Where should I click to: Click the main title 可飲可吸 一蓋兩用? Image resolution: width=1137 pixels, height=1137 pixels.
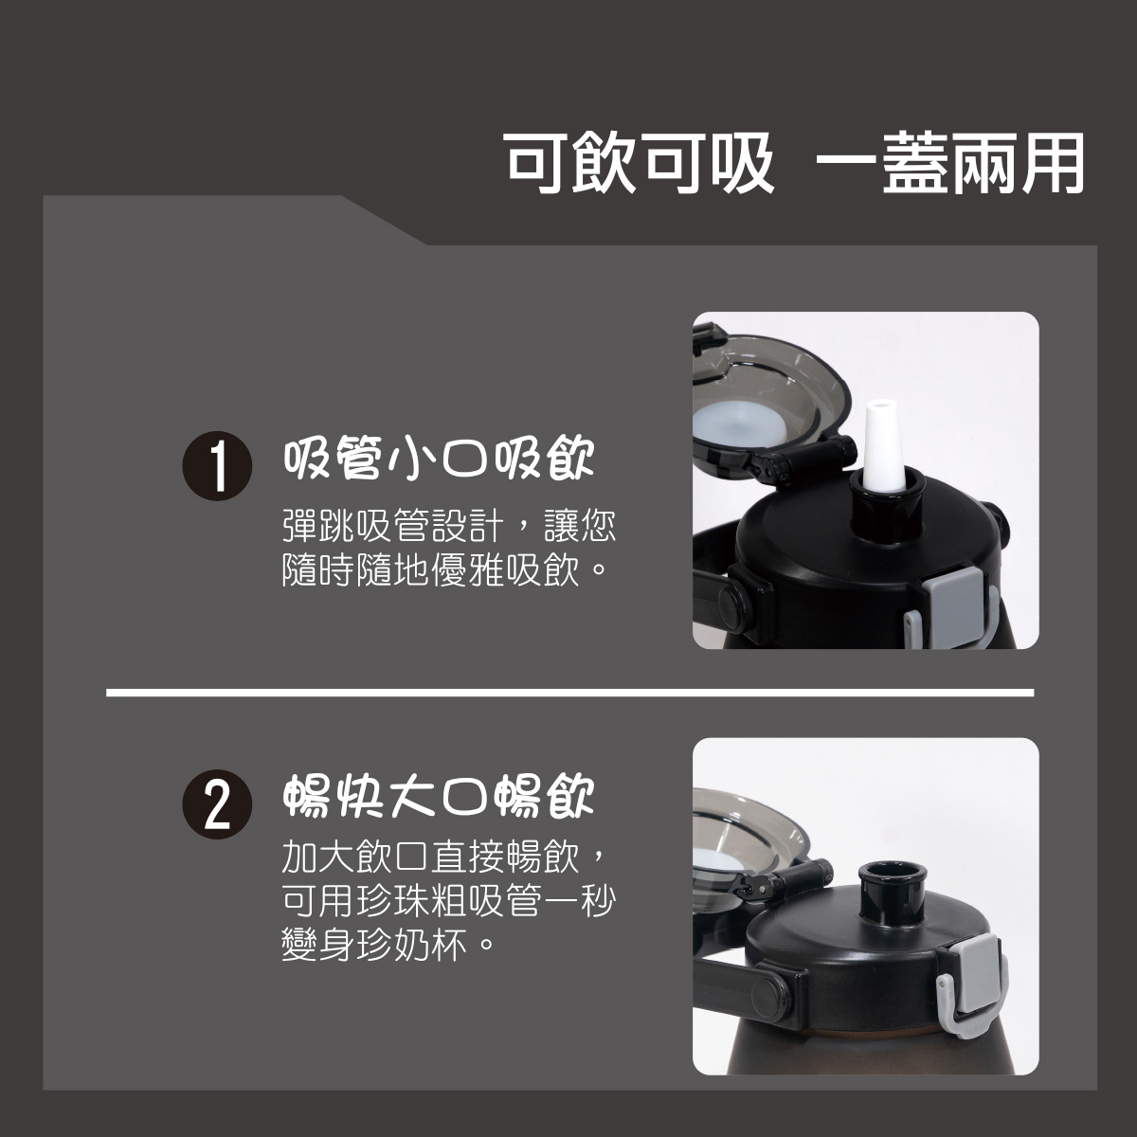pos(794,163)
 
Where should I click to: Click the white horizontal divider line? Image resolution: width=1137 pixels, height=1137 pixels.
pos(568,693)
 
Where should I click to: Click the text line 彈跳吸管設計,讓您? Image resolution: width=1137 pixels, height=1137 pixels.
pos(448,527)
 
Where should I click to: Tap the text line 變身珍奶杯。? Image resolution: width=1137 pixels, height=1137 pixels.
pos(388,945)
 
